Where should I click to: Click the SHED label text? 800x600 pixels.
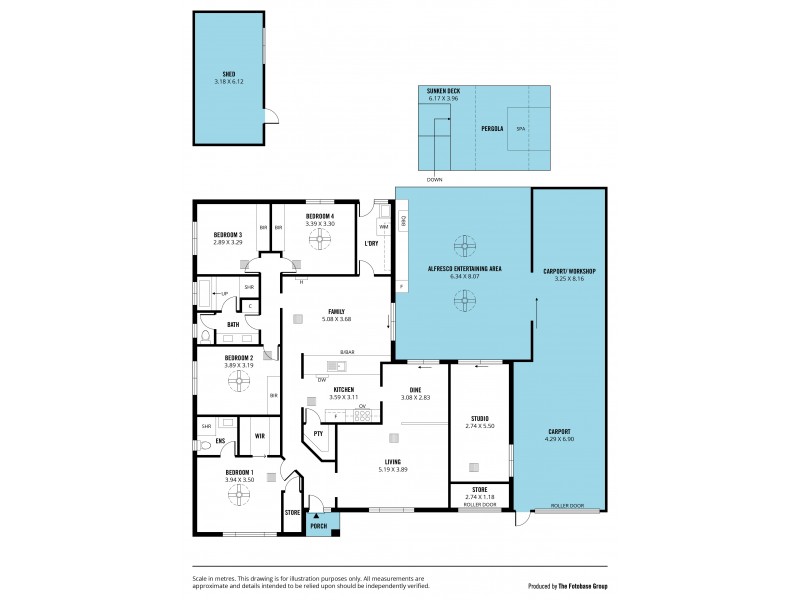click(228, 74)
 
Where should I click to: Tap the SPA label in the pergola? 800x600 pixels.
click(520, 129)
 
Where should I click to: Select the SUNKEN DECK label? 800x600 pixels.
click(442, 90)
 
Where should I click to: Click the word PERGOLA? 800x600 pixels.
click(491, 129)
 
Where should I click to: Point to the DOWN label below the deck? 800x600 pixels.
click(434, 180)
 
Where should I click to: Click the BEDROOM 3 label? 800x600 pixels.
click(227, 234)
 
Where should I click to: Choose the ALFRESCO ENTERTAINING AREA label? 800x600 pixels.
click(464, 269)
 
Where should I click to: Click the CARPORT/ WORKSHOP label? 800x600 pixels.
click(569, 271)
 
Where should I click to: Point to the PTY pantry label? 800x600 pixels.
click(318, 433)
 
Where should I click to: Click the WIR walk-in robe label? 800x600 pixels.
click(259, 436)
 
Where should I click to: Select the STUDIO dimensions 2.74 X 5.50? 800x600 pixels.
click(479, 426)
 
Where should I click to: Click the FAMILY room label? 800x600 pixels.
click(336, 311)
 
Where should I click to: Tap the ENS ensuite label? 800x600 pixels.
click(206, 440)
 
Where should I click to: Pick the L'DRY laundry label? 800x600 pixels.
click(371, 243)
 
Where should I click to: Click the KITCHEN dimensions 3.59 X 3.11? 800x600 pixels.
click(344, 397)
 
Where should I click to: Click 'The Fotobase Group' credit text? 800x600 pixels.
click(578, 586)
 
